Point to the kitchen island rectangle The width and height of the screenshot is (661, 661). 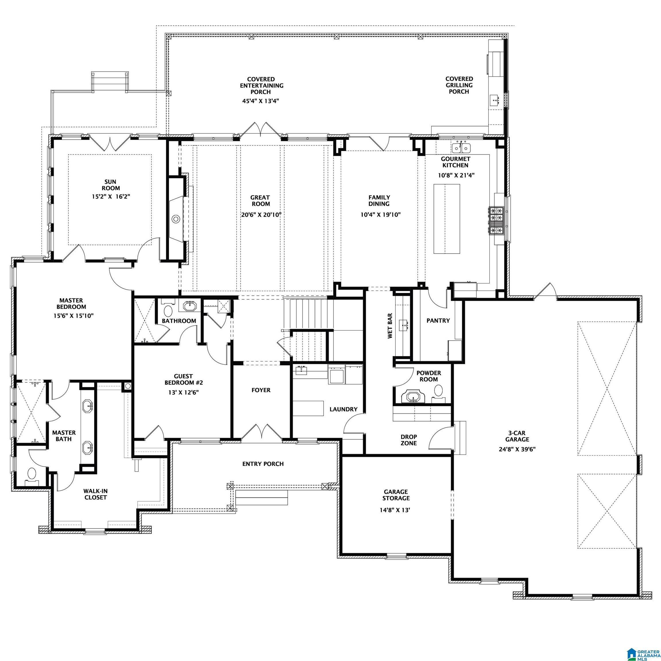click(x=446, y=219)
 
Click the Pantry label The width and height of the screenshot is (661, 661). click(x=438, y=320)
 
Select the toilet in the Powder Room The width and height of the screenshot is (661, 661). click(x=438, y=390)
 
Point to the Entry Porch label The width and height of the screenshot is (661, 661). click(x=263, y=464)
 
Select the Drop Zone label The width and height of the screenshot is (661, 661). click(x=409, y=440)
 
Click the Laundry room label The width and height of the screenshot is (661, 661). click(x=343, y=409)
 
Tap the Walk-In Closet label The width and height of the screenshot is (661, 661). click(x=96, y=494)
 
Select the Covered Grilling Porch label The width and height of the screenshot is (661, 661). click(x=459, y=85)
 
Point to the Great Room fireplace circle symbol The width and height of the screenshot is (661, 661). click(x=176, y=219)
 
